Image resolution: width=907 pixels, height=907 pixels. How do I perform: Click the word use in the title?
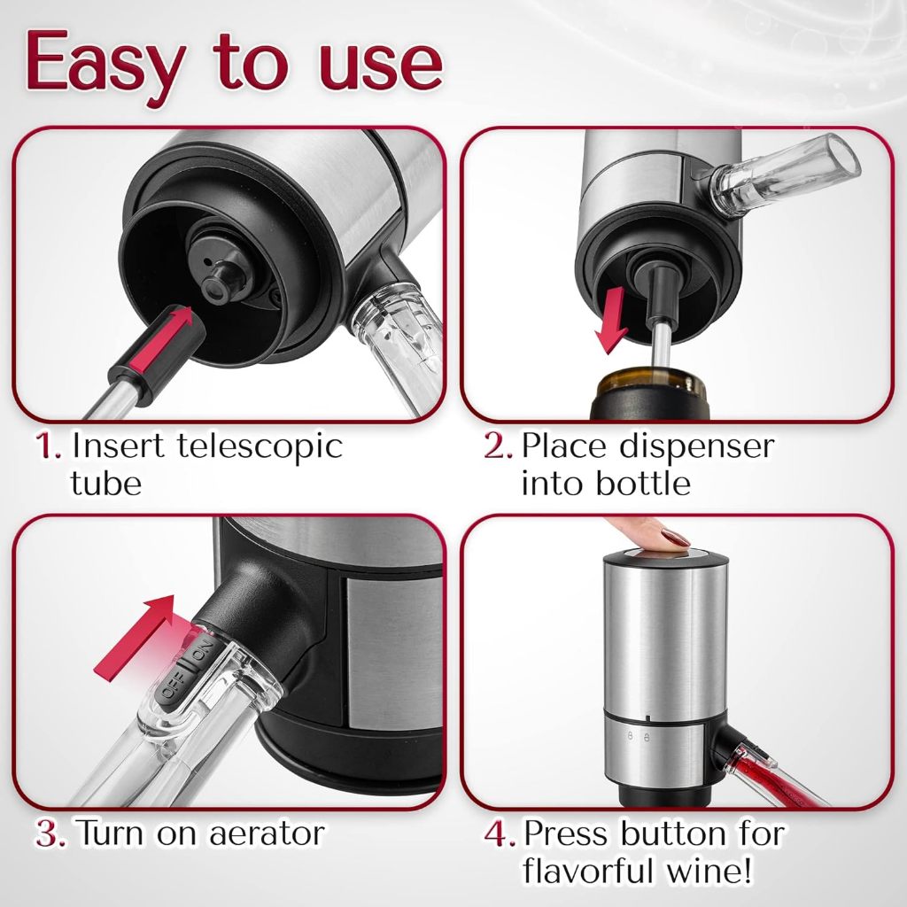point(381,65)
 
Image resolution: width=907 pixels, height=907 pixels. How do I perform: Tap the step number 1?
point(48,446)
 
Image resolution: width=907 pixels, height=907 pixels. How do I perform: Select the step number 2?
point(498,446)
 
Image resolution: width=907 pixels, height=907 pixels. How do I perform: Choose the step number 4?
point(500,834)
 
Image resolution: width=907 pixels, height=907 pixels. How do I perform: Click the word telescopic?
point(260,447)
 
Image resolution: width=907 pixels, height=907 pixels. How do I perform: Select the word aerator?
point(267,834)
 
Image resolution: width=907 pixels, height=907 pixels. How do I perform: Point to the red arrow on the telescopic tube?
point(161,339)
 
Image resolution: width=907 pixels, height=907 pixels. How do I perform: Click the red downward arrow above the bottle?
point(612,320)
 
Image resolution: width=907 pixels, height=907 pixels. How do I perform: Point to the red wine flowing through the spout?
point(770,773)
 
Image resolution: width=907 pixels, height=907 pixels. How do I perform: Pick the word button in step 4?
point(673,834)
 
